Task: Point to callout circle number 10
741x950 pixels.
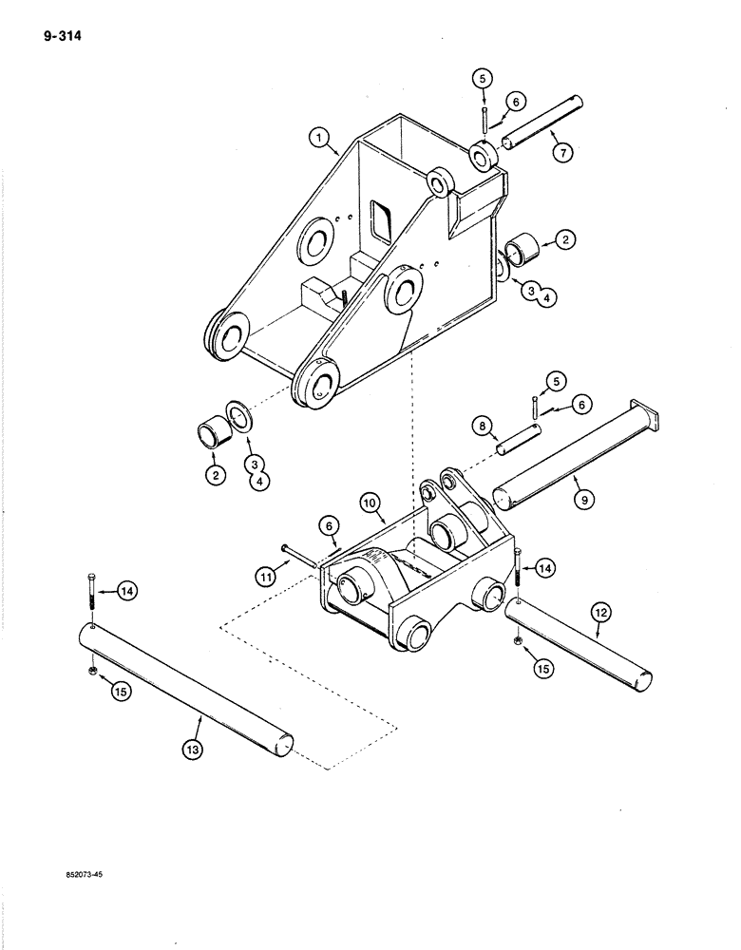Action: [371, 502]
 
